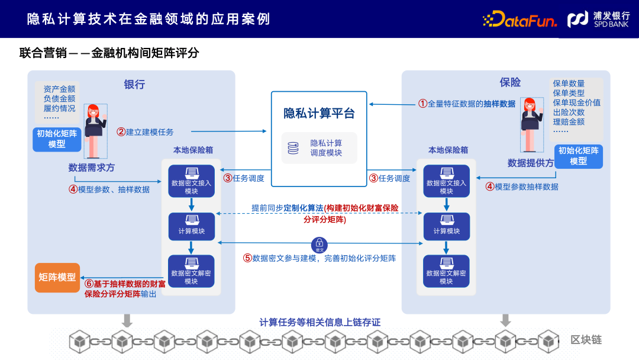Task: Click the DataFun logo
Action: pyautogui.click(x=520, y=20)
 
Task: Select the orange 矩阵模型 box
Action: pyautogui.click(x=57, y=277)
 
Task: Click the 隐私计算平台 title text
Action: pyautogui.click(x=319, y=113)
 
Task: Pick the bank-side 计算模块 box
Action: pyautogui.click(x=191, y=226)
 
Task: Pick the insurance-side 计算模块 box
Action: pyautogui.click(x=446, y=226)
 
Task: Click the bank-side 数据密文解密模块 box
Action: pyautogui.click(x=191, y=271)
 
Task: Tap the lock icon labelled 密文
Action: pyautogui.click(x=319, y=244)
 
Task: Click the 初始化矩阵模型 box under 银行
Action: pyautogui.click(x=57, y=139)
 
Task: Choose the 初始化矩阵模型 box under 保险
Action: pyautogui.click(x=578, y=156)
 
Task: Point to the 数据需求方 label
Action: pyautogui.click(x=92, y=168)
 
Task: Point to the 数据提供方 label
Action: pyautogui.click(x=530, y=163)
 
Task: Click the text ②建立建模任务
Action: pyautogui.click(x=145, y=131)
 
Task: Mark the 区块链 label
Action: pyautogui.click(x=586, y=340)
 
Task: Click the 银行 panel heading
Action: pyautogui.click(x=134, y=84)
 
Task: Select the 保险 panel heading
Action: pyautogui.click(x=510, y=82)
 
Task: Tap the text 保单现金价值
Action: pyautogui.click(x=576, y=102)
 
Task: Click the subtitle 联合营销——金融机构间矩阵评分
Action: pyautogui.click(x=109, y=53)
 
